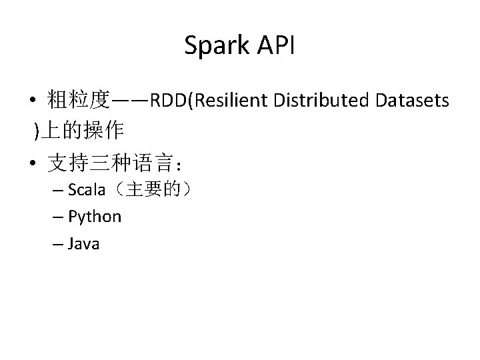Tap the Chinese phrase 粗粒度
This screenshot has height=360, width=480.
(x=78, y=101)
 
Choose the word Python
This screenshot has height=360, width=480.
(x=95, y=217)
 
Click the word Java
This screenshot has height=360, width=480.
(x=84, y=243)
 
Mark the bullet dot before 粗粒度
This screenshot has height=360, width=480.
(x=32, y=102)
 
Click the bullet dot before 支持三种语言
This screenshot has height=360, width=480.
(x=32, y=161)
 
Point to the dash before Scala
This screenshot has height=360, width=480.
(x=57, y=191)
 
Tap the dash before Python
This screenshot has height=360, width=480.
(x=57, y=217)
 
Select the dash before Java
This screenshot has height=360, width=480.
(x=57, y=244)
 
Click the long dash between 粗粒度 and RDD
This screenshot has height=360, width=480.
(x=130, y=101)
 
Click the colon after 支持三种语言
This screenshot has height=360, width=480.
(x=187, y=163)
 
